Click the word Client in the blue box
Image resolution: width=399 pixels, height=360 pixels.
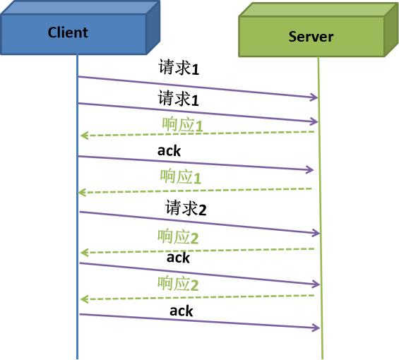68,32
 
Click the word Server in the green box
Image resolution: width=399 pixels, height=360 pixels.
311,37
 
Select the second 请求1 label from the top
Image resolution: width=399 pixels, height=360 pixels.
178,99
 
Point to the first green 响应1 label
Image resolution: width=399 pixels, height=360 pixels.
182,126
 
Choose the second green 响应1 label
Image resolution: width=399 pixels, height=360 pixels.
181,177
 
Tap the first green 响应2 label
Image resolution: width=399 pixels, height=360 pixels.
178,236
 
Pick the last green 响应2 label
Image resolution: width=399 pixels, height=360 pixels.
178,284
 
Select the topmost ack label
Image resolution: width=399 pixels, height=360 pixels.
169,150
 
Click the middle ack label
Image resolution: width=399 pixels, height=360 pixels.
178,258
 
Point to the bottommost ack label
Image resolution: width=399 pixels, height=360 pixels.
181,311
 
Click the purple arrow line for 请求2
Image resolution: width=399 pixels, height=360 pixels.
198,222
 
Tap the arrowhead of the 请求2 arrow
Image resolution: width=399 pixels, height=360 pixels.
316,234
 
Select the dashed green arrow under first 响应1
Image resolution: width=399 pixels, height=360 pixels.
198,133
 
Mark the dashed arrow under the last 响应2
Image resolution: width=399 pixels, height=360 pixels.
198,297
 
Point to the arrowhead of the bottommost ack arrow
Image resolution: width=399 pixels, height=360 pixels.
316,328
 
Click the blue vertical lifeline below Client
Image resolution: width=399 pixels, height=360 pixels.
77,339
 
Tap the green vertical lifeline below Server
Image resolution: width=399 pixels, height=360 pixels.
321,342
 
